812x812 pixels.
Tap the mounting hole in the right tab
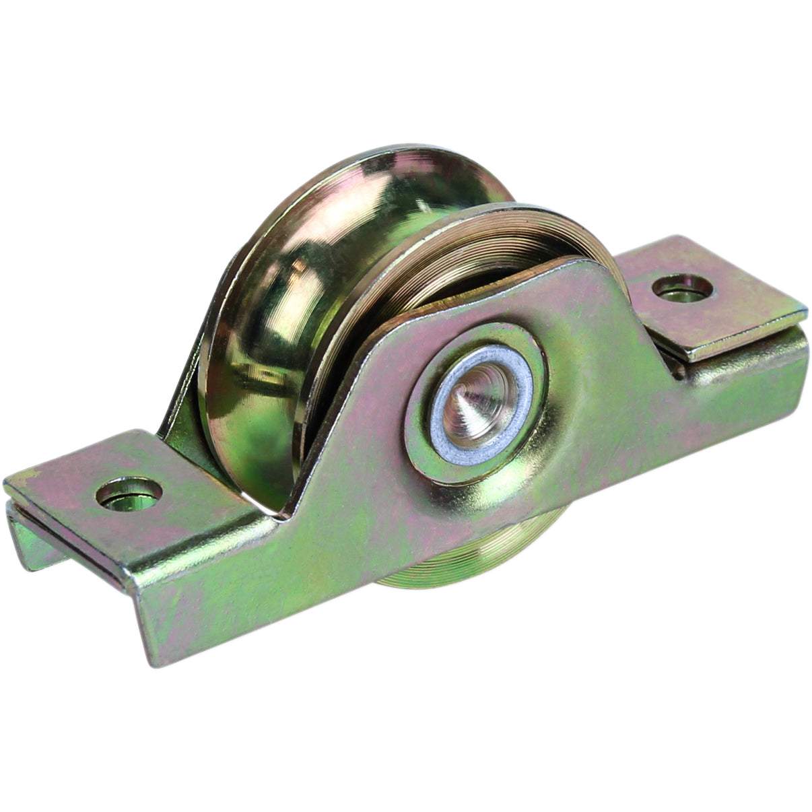click(683, 287)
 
